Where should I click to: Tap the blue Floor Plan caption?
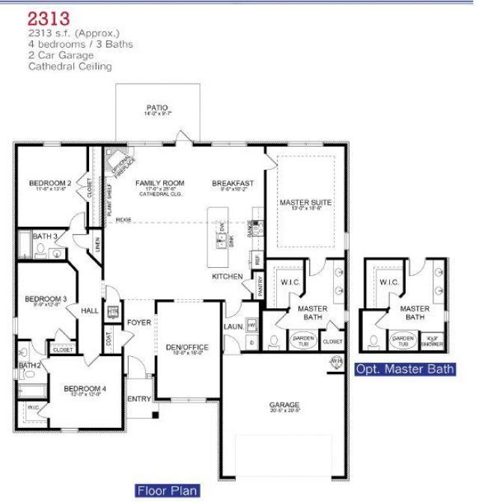tap(168, 491)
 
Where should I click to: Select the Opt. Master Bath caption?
tap(405, 369)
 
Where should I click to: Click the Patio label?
tap(157, 108)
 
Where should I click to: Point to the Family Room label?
tap(159, 183)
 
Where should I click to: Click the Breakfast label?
tap(233, 183)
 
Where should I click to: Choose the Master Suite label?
tap(305, 203)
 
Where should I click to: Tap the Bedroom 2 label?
tap(50, 183)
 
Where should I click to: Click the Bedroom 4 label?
tap(85, 388)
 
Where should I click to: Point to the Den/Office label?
tap(188, 347)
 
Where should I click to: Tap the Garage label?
tap(284, 405)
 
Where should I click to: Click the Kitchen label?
tap(228, 277)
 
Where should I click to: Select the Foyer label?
tap(138, 322)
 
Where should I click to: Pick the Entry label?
tap(139, 399)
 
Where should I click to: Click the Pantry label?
tap(260, 286)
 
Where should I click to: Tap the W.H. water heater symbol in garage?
tap(336, 362)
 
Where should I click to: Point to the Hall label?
tap(90, 310)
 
